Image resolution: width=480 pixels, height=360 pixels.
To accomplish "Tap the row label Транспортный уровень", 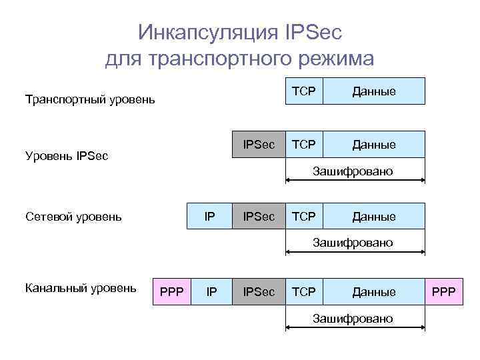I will (90, 100).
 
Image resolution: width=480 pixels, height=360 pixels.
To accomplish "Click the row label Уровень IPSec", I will (67, 156).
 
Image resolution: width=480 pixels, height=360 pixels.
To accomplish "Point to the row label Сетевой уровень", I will (73, 216).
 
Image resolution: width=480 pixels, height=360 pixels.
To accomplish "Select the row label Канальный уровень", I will (81, 288).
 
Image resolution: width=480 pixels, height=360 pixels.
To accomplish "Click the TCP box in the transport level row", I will (304, 91).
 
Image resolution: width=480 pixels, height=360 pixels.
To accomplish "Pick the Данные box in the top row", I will (373, 91).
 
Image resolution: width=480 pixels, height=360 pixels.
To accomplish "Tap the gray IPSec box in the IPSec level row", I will (259, 144).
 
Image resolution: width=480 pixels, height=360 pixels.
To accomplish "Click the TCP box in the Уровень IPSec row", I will (304, 144).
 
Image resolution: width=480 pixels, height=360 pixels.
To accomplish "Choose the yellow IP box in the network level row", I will (209, 216).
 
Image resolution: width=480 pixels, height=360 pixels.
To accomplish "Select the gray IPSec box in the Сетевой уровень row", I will (259, 216).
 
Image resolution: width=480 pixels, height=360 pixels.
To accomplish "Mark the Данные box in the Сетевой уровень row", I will (373, 216).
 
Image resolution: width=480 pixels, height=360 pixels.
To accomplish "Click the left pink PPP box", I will (172, 292).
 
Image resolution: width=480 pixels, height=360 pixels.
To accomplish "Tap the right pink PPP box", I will (444, 292).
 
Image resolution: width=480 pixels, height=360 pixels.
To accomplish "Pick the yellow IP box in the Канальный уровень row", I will (211, 292).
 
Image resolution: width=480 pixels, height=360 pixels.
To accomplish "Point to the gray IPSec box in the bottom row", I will (259, 292).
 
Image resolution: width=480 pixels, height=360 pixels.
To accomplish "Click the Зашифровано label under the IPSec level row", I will (353, 171).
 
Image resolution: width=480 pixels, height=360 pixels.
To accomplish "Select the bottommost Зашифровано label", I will (353, 319).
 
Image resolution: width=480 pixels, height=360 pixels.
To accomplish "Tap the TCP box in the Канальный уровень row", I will (304, 292).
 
